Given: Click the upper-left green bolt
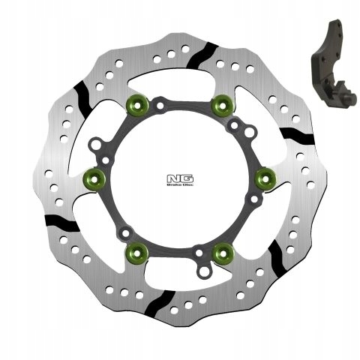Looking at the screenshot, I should coord(137,103).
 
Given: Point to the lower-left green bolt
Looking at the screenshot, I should coord(137,252).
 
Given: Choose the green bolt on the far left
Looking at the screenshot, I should coord(94,178).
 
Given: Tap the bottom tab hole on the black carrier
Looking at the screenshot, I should coord(200,268).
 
